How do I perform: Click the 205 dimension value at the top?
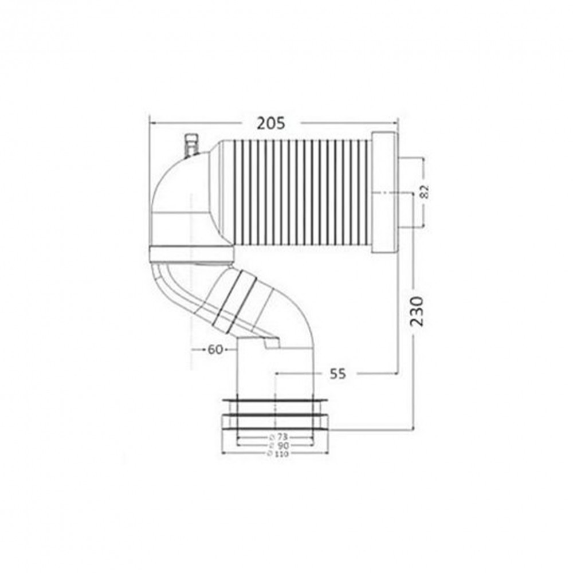click(271, 123)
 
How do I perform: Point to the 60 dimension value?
click(215, 349)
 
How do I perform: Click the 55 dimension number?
click(338, 374)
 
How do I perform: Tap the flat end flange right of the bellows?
click(384, 193)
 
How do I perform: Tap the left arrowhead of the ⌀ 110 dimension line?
click(223, 453)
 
